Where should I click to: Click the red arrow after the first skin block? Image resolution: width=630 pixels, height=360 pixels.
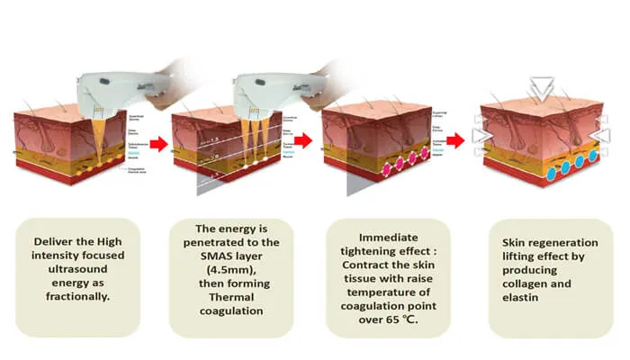point(157,142)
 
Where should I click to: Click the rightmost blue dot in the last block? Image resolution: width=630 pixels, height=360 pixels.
point(593,158)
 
